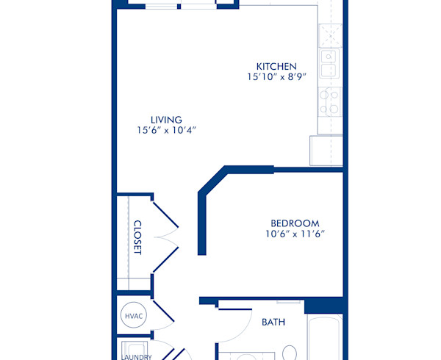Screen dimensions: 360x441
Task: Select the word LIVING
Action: click(x=166, y=120)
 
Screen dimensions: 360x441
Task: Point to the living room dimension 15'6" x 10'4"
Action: click(x=166, y=130)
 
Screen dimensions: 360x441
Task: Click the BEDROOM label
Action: click(x=294, y=223)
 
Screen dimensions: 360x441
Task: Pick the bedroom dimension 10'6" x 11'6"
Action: click(x=294, y=234)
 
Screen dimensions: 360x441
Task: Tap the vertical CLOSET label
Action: click(x=137, y=238)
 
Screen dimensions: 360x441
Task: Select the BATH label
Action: click(x=273, y=322)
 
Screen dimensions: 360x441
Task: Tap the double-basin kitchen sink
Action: click(x=329, y=64)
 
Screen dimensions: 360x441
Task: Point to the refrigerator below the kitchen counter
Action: click(x=326, y=151)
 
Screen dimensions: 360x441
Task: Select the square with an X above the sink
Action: click(x=327, y=34)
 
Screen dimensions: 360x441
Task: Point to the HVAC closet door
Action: click(x=162, y=312)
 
